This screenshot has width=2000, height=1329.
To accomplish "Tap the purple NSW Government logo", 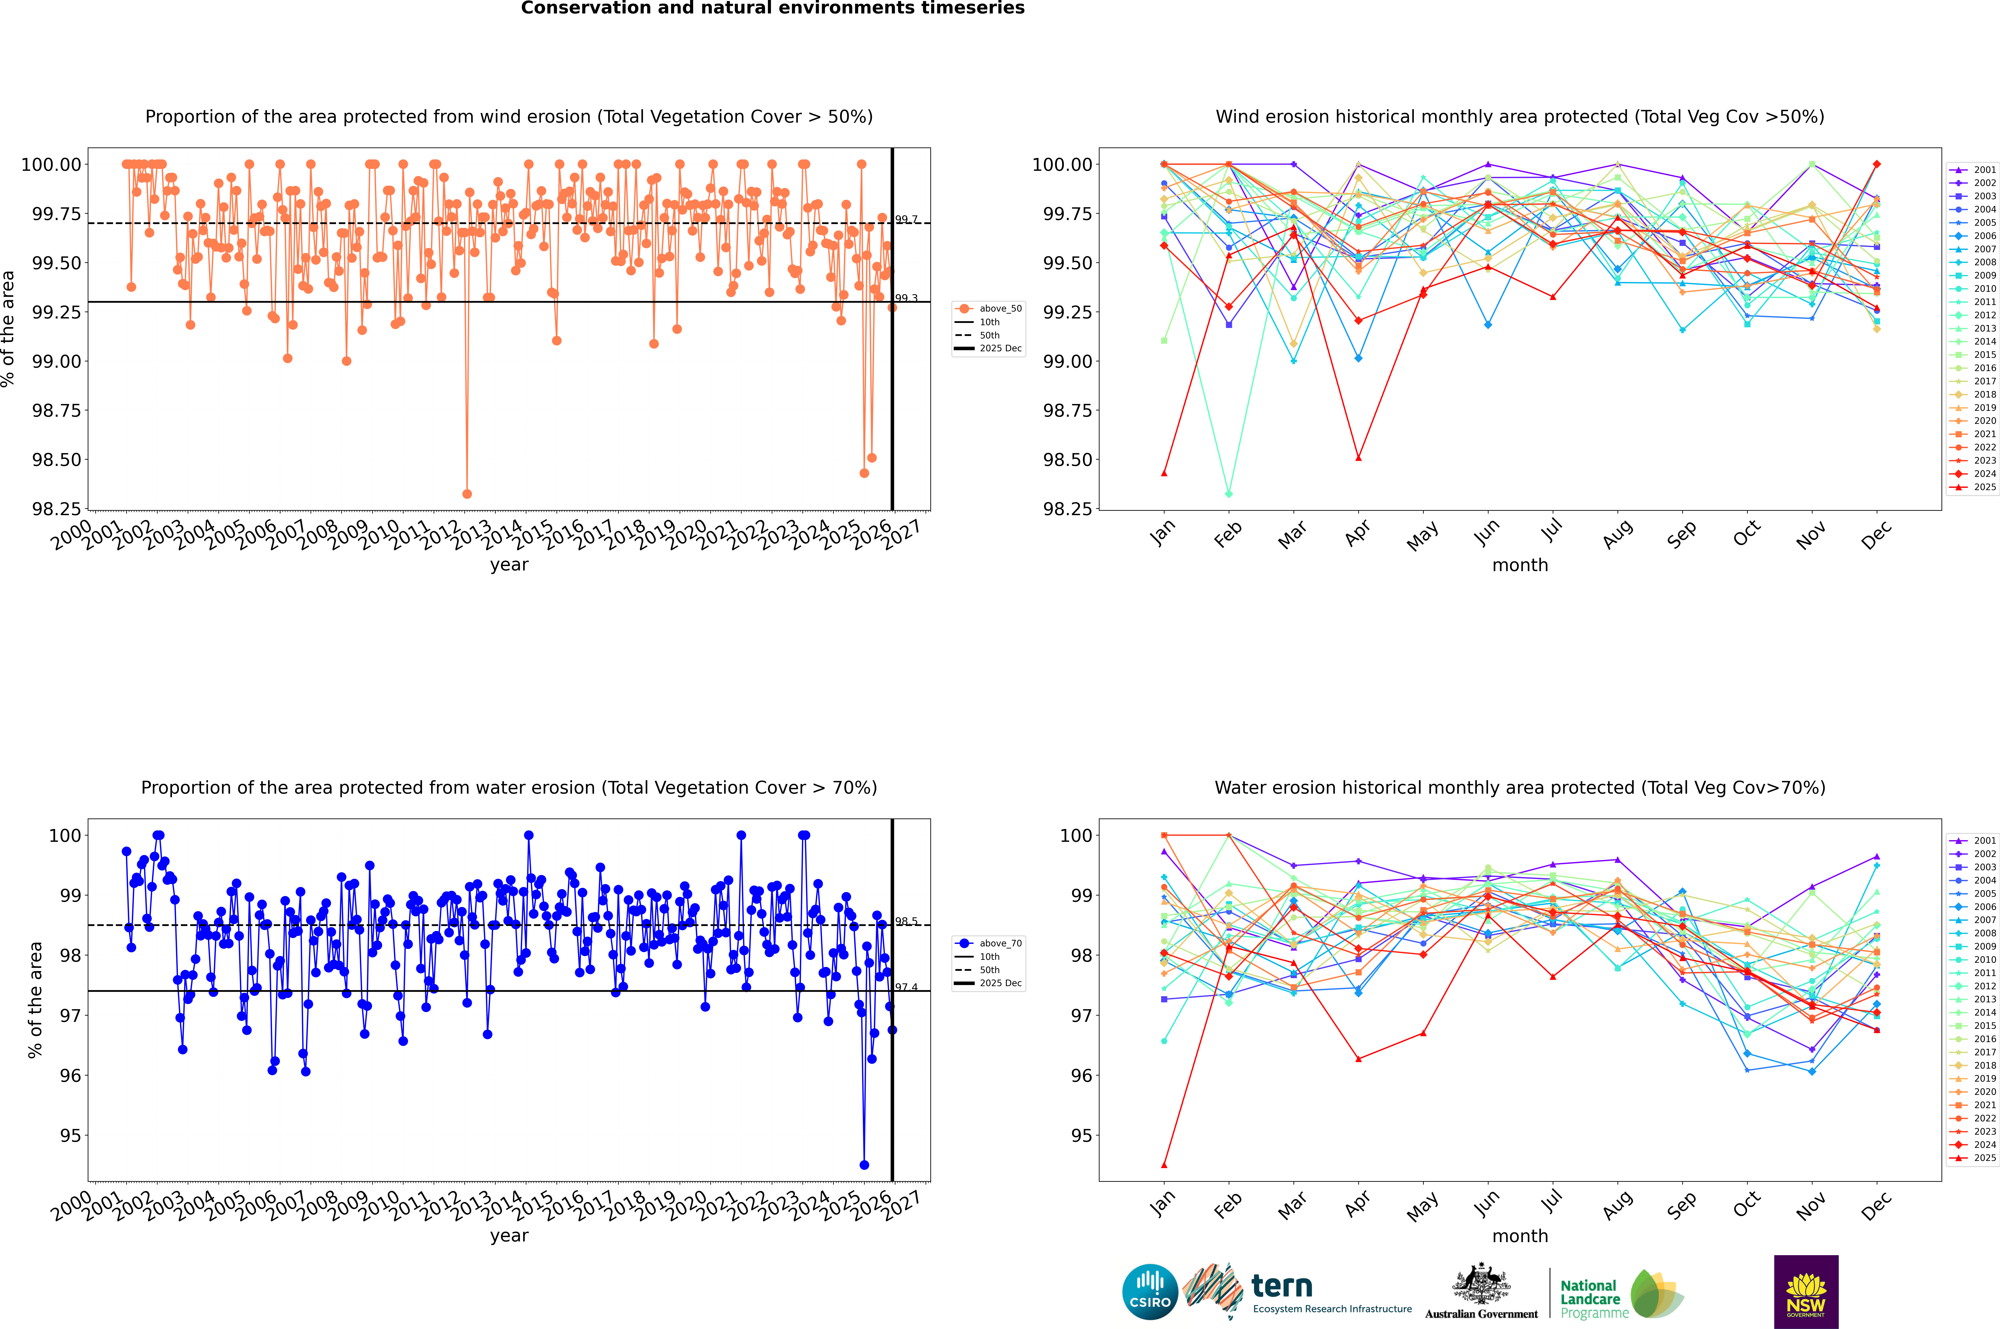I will pos(1806,1292).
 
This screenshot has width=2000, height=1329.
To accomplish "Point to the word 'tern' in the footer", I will pos(1282,1287).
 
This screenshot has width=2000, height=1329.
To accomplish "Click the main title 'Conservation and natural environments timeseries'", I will pos(772,8).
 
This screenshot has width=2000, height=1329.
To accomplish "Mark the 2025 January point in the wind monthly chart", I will pos(1164,473).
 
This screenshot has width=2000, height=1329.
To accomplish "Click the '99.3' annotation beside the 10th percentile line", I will pos(906,298).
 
